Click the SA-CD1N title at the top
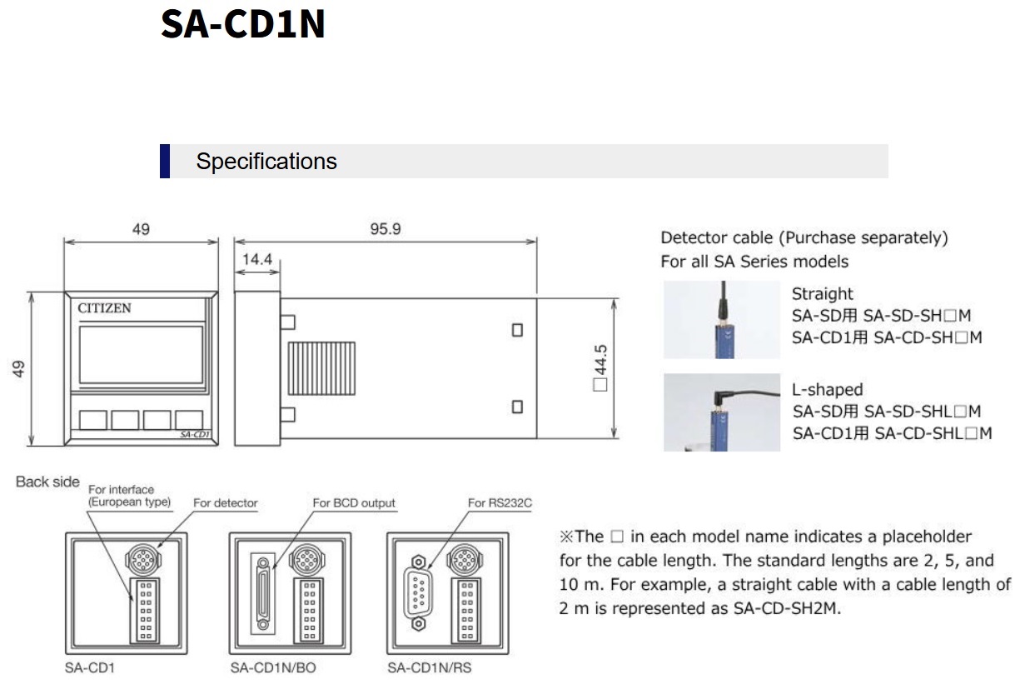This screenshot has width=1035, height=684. [x=242, y=23]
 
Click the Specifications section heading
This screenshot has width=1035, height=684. [x=266, y=162]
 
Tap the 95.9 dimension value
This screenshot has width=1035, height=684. [x=386, y=228]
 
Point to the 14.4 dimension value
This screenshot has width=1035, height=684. [x=257, y=259]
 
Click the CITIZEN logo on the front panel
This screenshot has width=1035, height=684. [x=104, y=308]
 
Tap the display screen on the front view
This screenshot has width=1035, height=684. [x=141, y=354]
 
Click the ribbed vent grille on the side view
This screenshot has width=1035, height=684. [x=321, y=368]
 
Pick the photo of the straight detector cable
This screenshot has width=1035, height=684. [x=721, y=320]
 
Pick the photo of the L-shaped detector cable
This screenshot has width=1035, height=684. [x=721, y=412]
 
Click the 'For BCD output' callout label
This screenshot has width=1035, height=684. [x=354, y=503]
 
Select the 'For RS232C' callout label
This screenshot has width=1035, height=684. [x=500, y=503]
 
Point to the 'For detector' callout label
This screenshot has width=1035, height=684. [x=226, y=503]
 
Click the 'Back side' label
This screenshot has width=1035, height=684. [x=47, y=482]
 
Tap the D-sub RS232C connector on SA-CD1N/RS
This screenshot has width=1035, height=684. [x=417, y=592]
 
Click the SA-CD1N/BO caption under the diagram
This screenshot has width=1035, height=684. [x=273, y=668]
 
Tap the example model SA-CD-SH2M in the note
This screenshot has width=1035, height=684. [x=787, y=608]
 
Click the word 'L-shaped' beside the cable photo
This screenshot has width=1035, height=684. [x=827, y=389]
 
